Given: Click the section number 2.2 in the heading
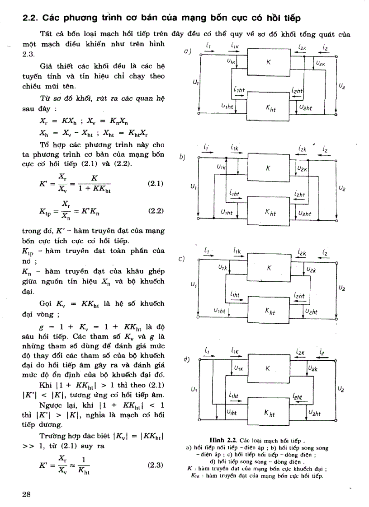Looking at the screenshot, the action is [x=30, y=19].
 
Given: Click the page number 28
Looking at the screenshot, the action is [x=26, y=493].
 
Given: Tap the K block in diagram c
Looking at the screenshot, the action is [x=269, y=268].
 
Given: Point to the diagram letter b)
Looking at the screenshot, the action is [x=182, y=157].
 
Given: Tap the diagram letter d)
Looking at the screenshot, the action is [x=186, y=360].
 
